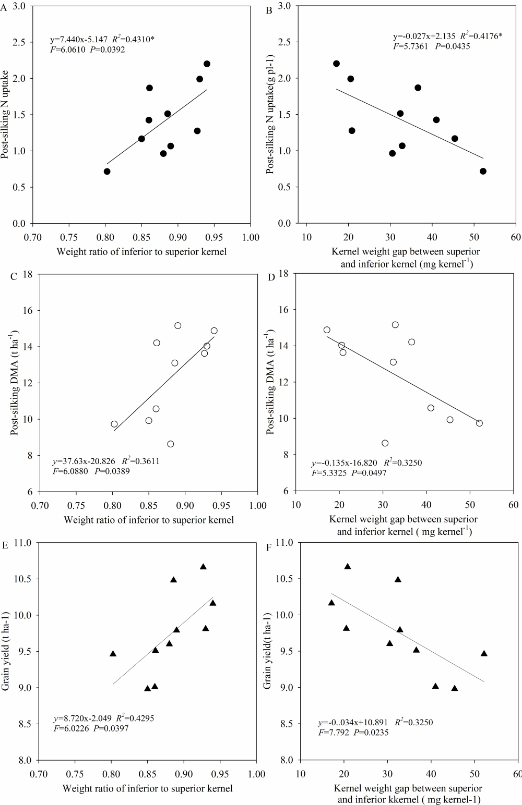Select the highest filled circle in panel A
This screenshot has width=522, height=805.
pos(207,64)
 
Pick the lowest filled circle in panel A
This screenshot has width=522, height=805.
pos(107,172)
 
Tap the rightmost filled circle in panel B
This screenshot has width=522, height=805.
pos(483,171)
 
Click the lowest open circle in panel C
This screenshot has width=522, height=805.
pos(170,444)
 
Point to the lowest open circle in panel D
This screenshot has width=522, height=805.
pos(385,443)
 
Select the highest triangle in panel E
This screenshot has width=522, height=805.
pos(203,567)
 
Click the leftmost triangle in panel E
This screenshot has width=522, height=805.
pos(113,654)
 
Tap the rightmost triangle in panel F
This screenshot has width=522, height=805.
pos(484,654)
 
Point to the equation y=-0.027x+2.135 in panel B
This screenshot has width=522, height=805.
pos(424,37)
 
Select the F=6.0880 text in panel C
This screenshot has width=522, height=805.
pos(70,471)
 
